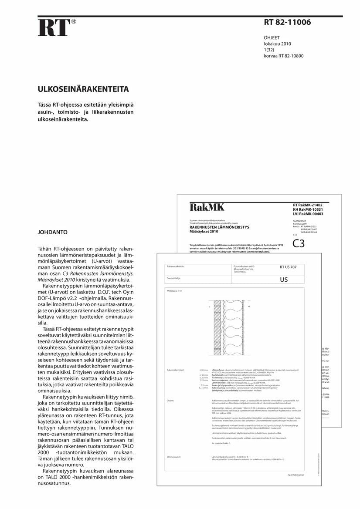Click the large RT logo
pos(54,28)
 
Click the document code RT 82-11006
pos(287,23)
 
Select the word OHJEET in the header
pos(272,38)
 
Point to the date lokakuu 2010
pos(277,44)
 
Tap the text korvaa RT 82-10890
pos(283,56)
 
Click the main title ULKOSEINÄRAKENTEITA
pos(83,90)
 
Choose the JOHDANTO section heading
pos(52,232)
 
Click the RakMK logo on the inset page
pos(207,207)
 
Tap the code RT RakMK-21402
pos(308,205)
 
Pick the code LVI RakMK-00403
pos(308,214)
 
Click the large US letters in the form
pos(284,280)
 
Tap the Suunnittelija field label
pos(173,277)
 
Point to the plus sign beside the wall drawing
pos(249,307)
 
